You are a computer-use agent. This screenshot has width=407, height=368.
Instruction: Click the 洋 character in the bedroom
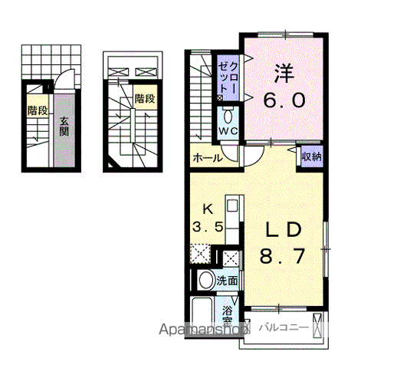click(284, 74)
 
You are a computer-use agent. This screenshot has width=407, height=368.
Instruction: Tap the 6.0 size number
click(284, 100)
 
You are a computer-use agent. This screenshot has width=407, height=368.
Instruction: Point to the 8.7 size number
click(282, 256)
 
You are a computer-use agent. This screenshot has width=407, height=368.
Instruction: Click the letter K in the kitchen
click(208, 209)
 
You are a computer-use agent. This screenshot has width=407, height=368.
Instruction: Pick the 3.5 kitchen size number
click(208, 227)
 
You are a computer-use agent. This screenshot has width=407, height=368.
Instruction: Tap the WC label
click(228, 130)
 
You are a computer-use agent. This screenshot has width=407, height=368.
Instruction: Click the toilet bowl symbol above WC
click(228, 117)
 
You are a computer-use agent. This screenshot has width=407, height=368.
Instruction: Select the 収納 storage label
click(312, 156)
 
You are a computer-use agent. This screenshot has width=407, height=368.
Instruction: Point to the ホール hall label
click(208, 158)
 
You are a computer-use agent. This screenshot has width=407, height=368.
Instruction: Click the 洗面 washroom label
click(228, 281)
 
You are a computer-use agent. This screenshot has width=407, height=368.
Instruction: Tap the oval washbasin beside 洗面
click(206, 280)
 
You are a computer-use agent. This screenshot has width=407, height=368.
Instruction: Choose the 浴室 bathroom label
click(228, 315)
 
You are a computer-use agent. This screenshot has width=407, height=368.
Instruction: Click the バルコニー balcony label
click(284, 327)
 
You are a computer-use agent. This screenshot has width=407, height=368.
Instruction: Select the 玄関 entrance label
click(64, 127)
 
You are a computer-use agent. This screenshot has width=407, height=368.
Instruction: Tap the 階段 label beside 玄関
click(38, 110)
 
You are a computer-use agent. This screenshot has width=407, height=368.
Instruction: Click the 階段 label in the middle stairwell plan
click(145, 98)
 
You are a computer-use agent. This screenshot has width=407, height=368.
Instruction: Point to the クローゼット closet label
click(228, 78)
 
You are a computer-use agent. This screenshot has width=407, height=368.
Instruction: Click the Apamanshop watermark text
click(202, 330)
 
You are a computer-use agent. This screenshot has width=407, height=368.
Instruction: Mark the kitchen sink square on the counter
click(232, 205)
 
